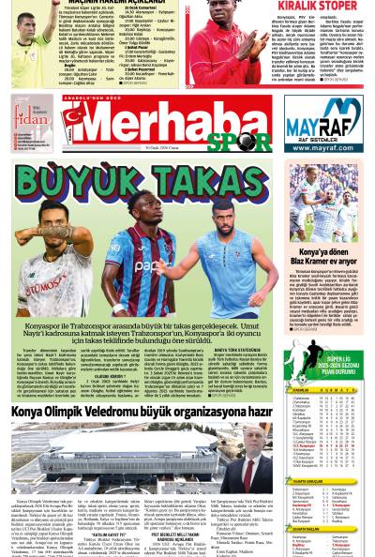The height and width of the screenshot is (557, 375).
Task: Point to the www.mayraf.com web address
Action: (323, 148)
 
